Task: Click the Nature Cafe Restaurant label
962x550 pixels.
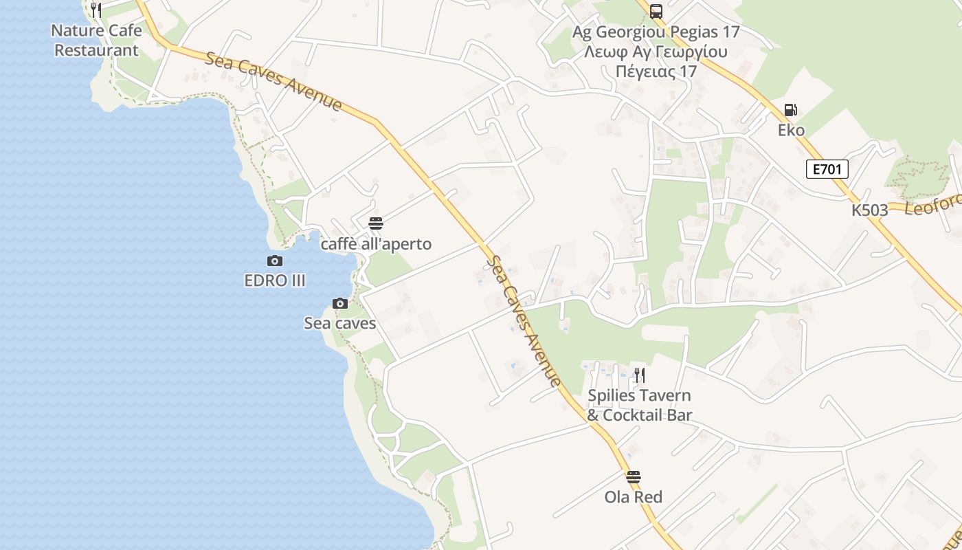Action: point(97,41)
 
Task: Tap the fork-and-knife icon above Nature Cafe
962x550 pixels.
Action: point(96,10)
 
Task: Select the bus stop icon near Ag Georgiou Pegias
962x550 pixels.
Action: point(656,11)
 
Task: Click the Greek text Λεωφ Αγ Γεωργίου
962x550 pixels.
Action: point(656,52)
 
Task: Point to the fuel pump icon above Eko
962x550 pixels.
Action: point(791,110)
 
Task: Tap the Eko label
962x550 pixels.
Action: point(791,131)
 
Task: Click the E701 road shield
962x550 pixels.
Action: point(827,169)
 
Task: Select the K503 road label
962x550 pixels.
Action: point(870,210)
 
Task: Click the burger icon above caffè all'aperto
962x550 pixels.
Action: point(376,223)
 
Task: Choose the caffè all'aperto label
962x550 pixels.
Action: point(376,244)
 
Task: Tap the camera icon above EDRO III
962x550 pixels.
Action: point(275,261)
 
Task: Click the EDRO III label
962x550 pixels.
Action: point(275,280)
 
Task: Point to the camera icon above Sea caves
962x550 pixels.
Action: point(340,303)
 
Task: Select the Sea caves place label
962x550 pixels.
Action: point(340,323)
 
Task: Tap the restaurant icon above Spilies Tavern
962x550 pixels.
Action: point(639,375)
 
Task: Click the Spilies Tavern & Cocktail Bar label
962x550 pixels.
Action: point(639,406)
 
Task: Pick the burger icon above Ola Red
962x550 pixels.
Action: point(634,476)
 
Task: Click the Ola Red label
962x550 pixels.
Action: point(634,497)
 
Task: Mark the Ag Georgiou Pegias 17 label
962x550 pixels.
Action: point(656,32)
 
